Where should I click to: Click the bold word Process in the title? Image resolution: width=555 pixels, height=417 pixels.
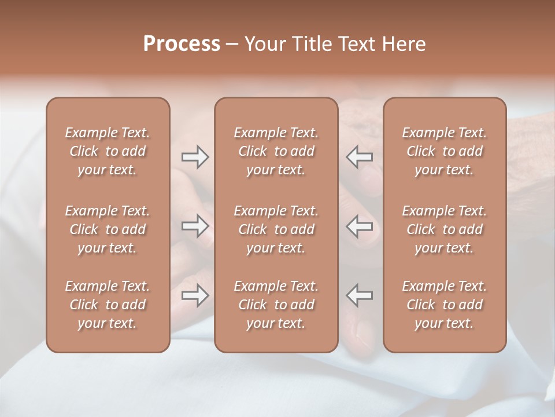pos(182,44)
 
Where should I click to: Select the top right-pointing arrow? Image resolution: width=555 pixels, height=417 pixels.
pos(195,157)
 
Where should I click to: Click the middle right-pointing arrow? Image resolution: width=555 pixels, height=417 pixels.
pos(195,226)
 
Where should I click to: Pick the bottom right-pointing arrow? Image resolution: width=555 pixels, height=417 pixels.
pos(195,295)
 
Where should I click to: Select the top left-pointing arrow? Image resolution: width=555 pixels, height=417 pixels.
pos(360,157)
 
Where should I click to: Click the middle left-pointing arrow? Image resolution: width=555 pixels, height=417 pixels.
pos(360,226)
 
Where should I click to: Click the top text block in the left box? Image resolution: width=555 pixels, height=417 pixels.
pos(108,151)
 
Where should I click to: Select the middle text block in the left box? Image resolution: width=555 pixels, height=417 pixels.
pos(108,229)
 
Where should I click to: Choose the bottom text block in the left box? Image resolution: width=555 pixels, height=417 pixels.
pos(108,305)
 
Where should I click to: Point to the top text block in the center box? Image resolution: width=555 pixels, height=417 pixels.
pos(276,151)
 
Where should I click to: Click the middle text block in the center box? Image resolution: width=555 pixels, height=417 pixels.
pos(276,229)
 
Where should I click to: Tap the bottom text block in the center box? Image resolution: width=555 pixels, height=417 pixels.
pos(276,305)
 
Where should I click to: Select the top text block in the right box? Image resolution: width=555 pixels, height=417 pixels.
pos(444,151)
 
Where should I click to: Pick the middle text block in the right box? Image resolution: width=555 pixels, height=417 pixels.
pos(444,229)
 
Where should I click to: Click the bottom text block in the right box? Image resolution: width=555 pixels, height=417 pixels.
pos(444,305)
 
